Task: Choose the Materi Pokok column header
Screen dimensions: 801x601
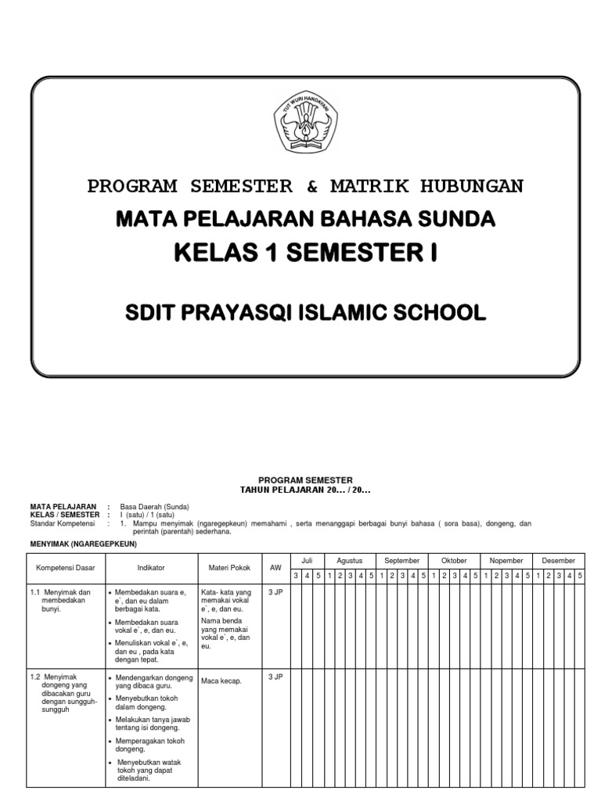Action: tap(229, 566)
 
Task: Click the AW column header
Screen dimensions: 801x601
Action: tap(275, 566)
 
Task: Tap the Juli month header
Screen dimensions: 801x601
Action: tap(307, 561)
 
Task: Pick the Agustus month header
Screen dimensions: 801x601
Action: tap(350, 561)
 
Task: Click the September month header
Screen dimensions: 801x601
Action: tap(402, 561)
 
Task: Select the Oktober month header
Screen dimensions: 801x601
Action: tap(454, 561)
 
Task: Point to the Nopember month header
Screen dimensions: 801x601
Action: tap(506, 561)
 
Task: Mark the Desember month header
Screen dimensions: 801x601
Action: tap(558, 561)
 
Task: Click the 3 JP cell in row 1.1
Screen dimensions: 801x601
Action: tap(275, 592)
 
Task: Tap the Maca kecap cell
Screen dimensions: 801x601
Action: tap(221, 681)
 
